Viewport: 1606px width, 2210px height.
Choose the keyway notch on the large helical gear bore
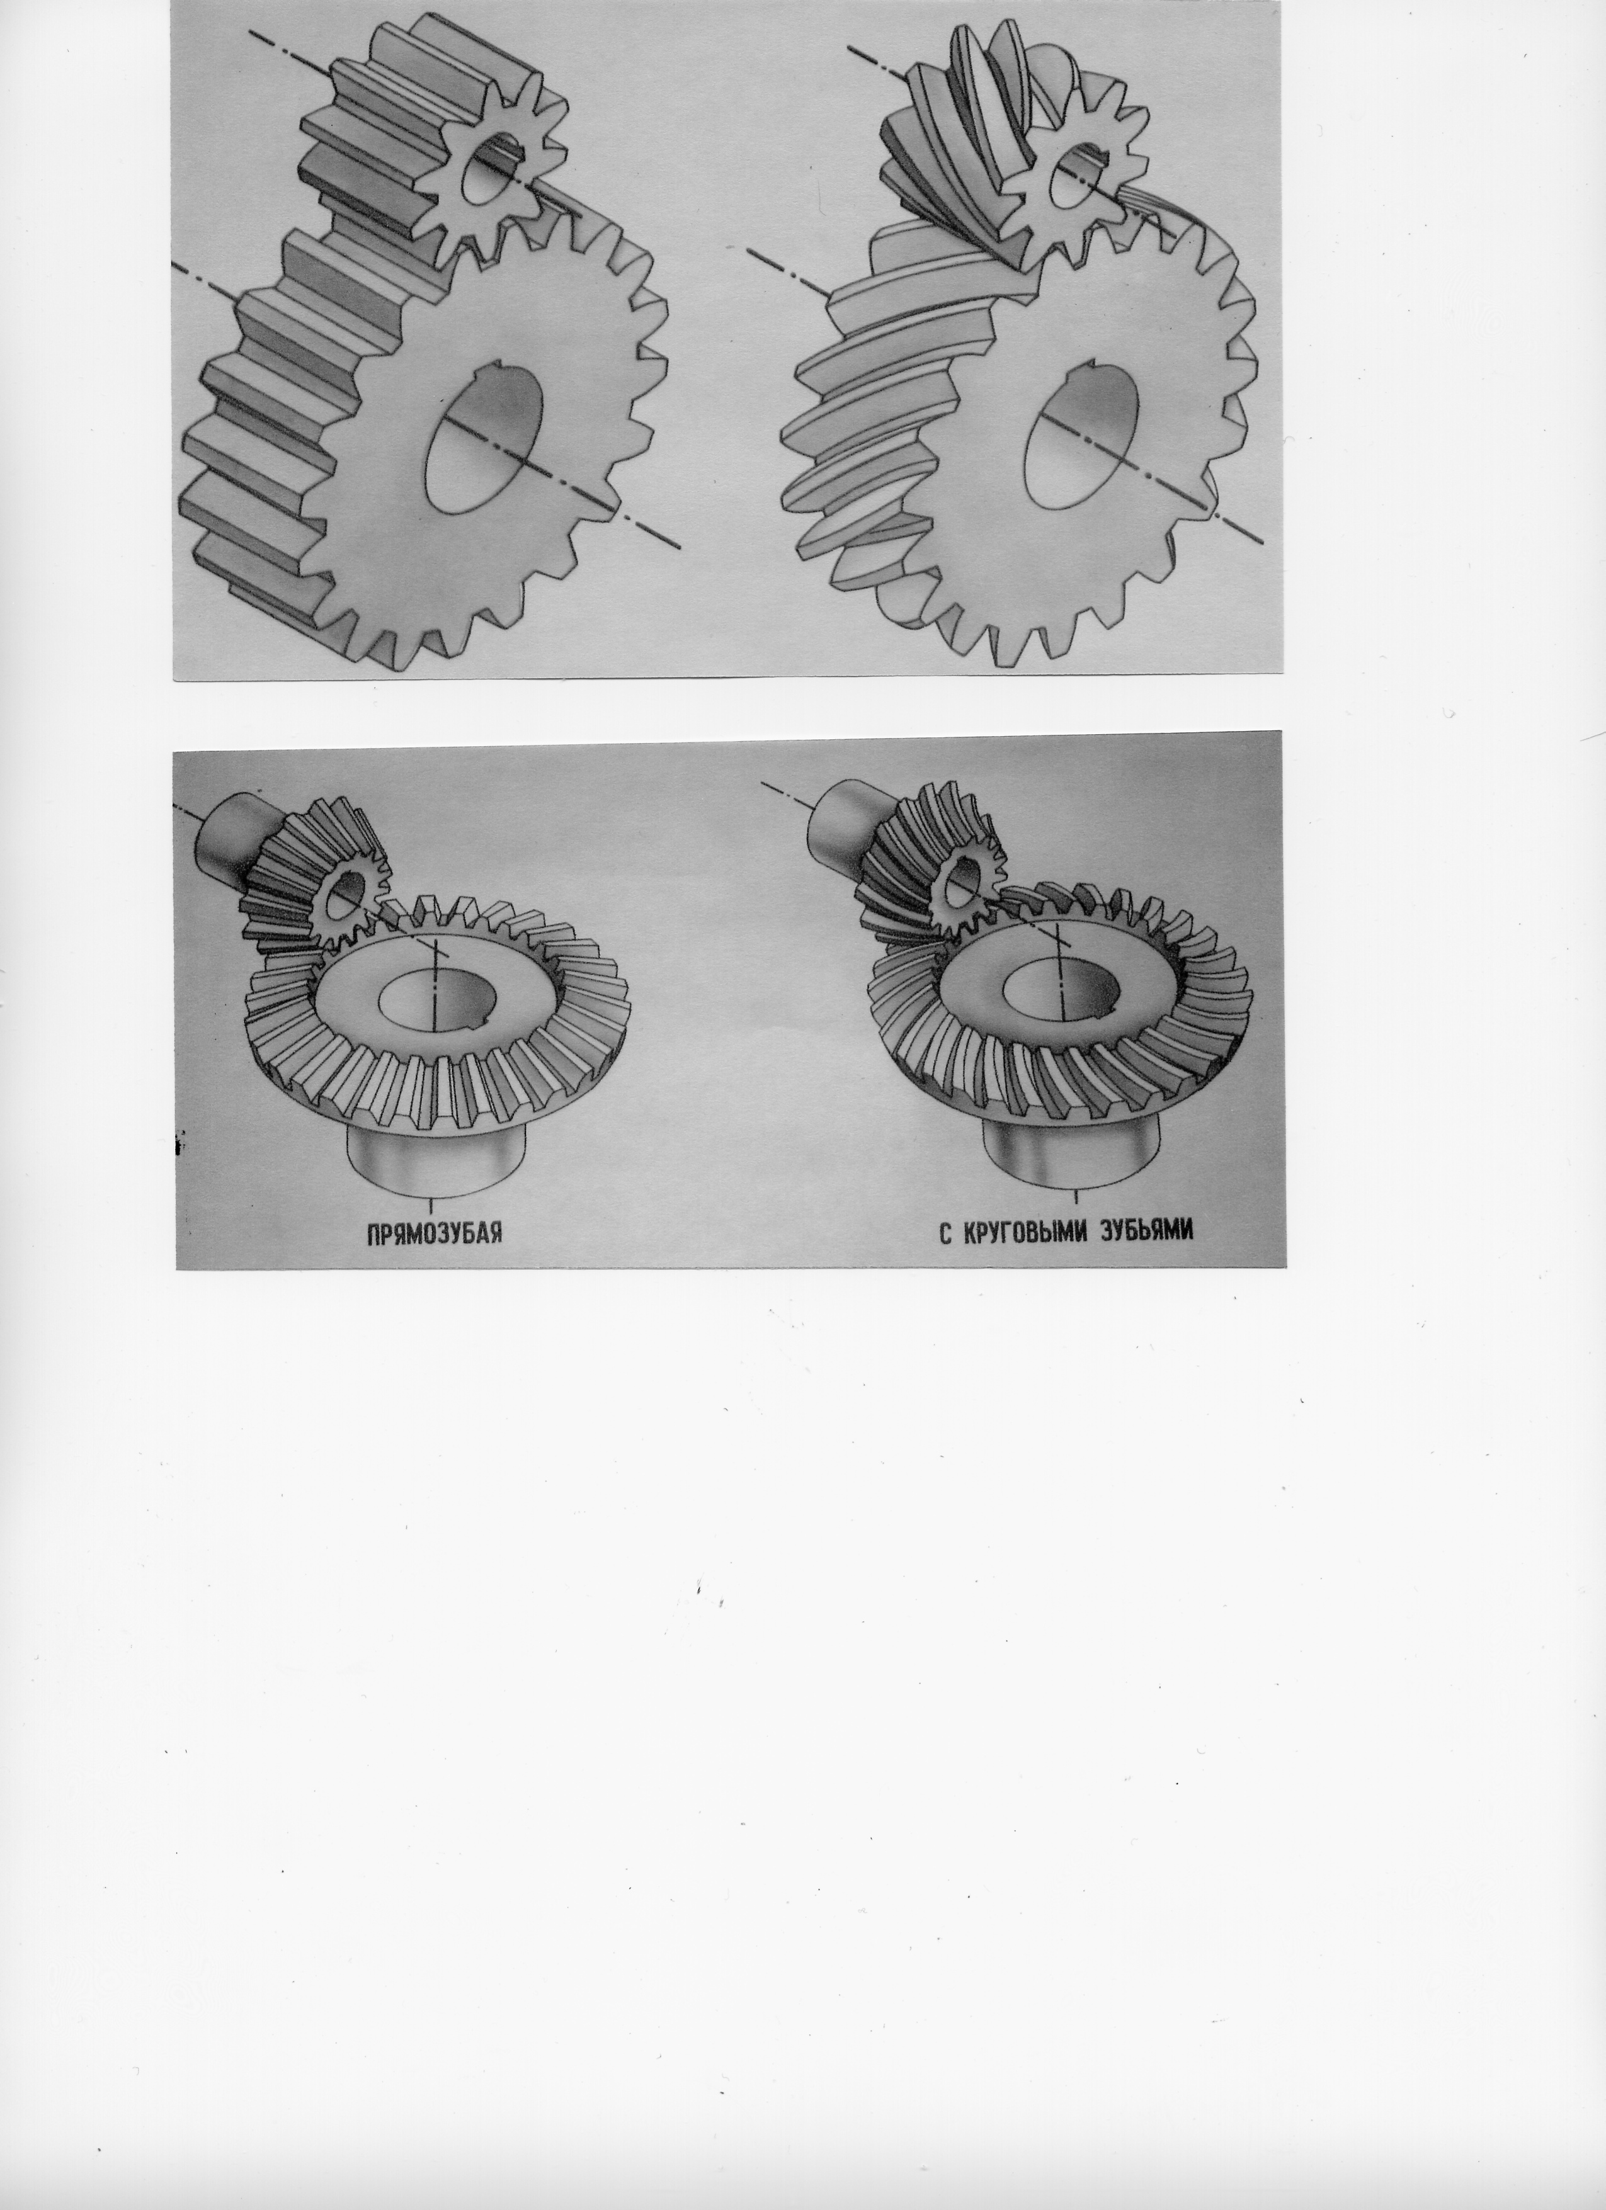point(1095,368)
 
